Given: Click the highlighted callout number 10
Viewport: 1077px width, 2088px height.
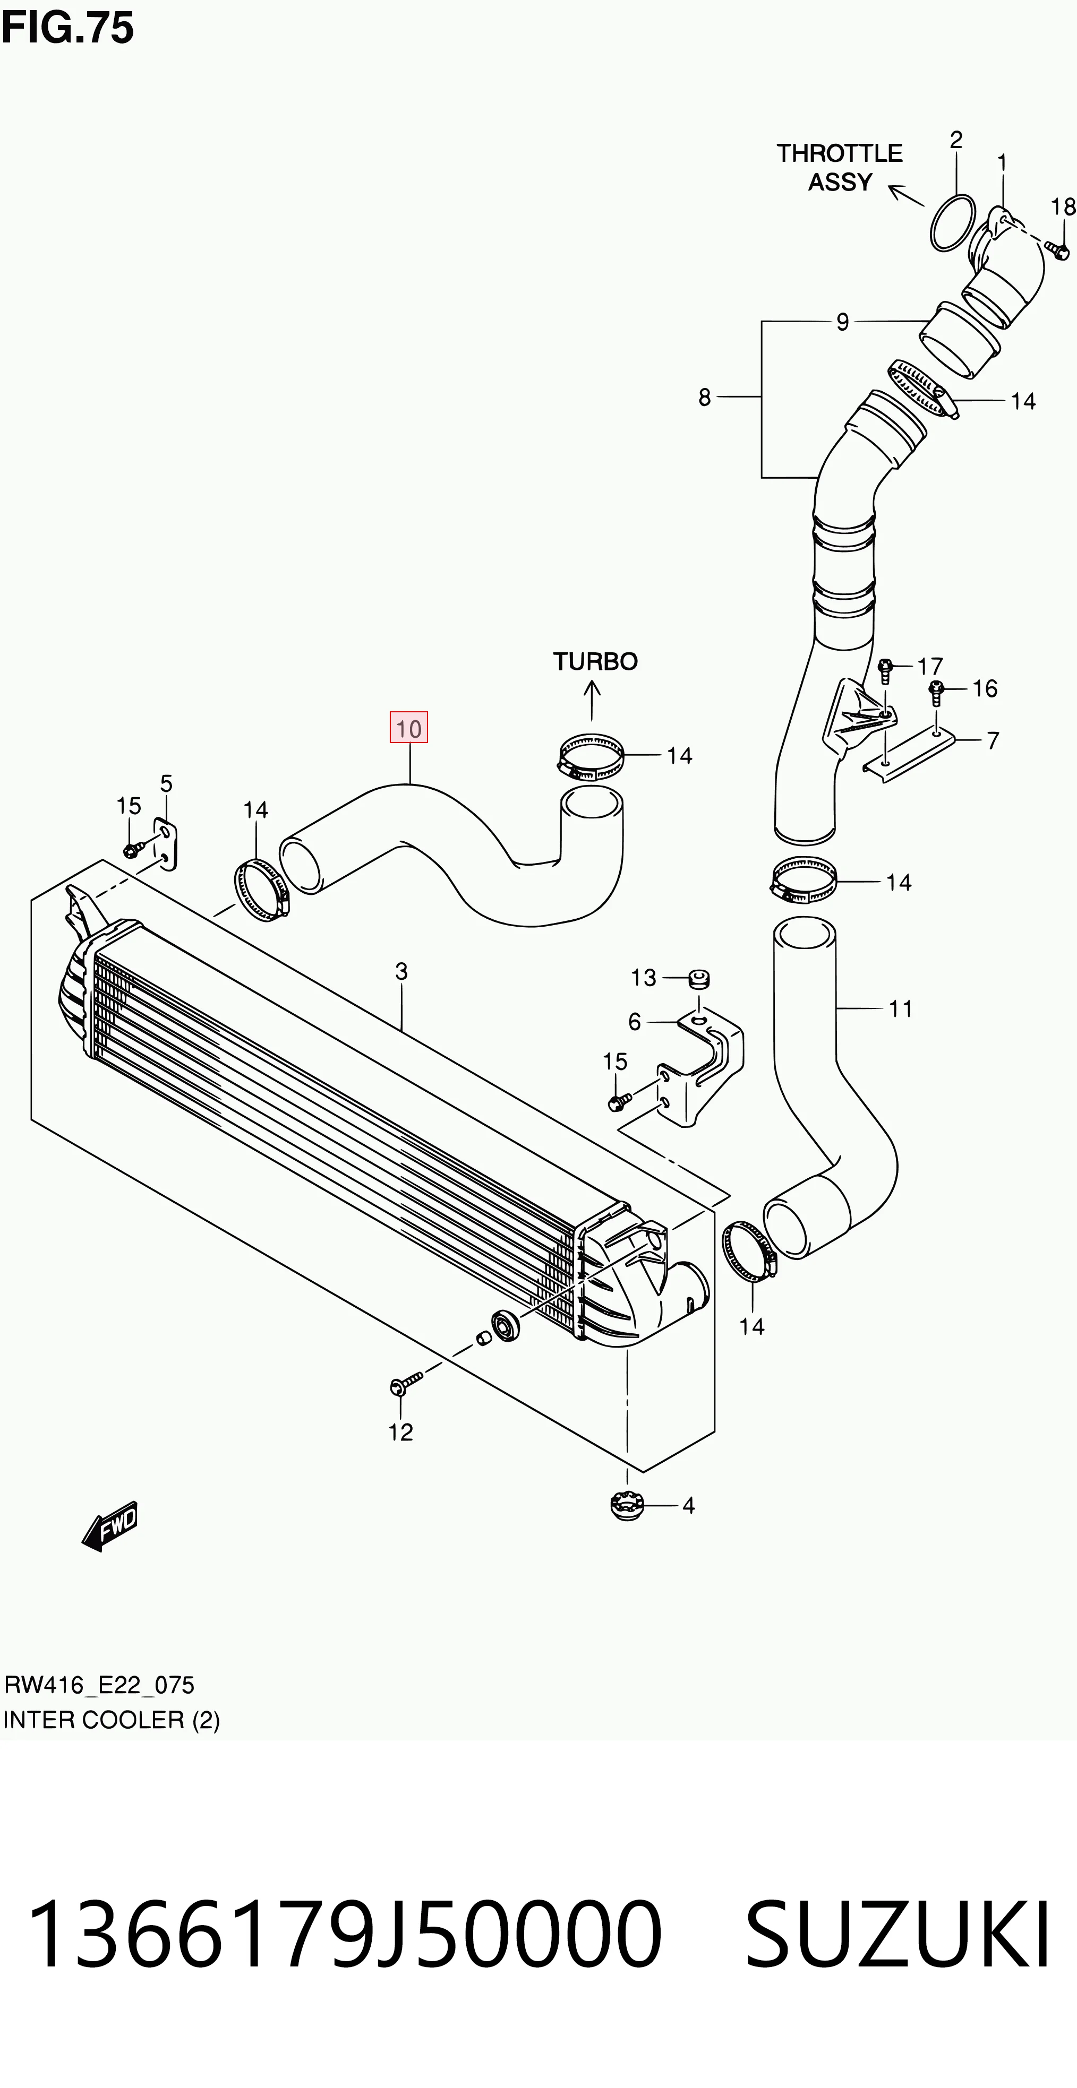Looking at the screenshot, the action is tap(409, 727).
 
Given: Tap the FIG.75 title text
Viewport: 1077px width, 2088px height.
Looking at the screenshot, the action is tap(67, 28).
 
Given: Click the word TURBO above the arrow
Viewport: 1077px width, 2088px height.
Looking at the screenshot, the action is tap(595, 661).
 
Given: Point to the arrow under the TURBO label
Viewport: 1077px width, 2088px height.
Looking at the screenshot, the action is tap(592, 700).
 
